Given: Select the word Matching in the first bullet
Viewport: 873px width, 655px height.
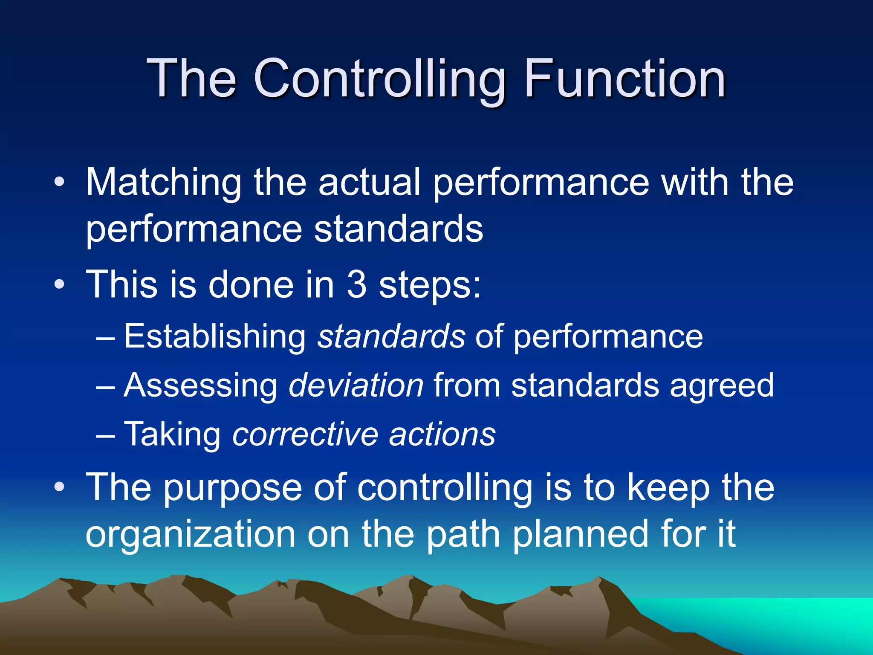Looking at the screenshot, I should tap(164, 183).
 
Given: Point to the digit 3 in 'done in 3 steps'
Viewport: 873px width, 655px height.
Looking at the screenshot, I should tap(357, 285).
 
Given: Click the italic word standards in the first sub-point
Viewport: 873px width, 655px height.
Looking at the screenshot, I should tap(391, 337).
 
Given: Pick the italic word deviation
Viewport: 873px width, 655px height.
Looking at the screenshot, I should tap(356, 385).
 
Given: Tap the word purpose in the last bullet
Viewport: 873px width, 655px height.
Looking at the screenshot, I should tap(233, 489).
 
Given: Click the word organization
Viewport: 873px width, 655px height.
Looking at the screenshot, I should tap(191, 536).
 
